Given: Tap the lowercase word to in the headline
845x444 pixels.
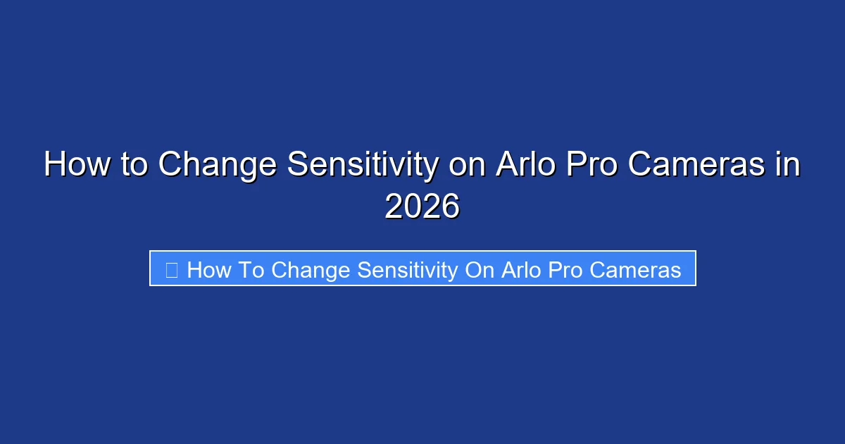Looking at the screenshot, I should coord(134,166).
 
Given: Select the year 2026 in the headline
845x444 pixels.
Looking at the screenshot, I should coord(422,207).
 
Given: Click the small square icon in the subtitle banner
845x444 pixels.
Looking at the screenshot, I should coord(171,270).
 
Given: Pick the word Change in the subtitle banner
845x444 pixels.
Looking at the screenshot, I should coord(311,270).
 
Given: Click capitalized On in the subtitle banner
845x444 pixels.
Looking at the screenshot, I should coord(479,270).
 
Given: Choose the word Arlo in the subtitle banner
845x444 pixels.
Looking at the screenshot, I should coord(521,270).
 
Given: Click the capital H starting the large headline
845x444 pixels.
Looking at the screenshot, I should coord(54,166).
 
